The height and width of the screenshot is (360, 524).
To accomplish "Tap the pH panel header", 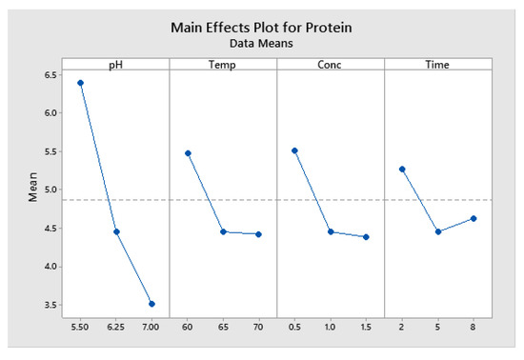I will [x=115, y=64].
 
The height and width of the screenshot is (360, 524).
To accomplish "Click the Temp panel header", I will [x=223, y=64].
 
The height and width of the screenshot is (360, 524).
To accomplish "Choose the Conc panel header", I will [x=331, y=64].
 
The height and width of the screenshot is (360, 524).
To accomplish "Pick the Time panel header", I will [x=437, y=64].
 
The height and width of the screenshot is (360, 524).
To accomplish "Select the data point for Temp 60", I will [x=188, y=153].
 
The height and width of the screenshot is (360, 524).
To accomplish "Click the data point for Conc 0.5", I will [x=295, y=150].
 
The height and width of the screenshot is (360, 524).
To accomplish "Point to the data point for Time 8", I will [x=474, y=219].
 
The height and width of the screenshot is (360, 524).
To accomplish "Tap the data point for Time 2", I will [x=402, y=170].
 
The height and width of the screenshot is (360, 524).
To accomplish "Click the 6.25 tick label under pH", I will [x=115, y=327].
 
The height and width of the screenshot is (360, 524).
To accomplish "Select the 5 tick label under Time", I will [x=438, y=327].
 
